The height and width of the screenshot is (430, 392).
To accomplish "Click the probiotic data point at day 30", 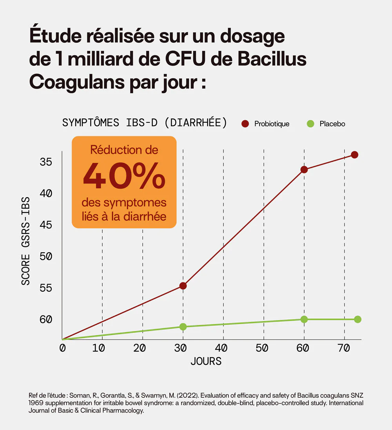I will (x=183, y=286).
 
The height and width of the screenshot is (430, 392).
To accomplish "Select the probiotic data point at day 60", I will (x=304, y=169).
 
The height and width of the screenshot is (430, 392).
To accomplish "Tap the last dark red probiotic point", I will (x=354, y=155).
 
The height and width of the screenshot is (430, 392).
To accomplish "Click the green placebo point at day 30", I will (x=183, y=327).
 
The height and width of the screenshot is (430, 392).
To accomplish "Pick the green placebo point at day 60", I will (x=304, y=319).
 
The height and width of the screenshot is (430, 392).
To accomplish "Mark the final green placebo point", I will (x=358, y=319).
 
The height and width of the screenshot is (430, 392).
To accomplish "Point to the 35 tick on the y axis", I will (x=46, y=162).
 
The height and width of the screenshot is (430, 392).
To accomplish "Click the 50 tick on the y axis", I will (x=46, y=256).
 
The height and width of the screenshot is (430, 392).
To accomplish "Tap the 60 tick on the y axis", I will (x=46, y=319).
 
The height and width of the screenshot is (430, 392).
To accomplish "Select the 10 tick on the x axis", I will (x=101, y=348).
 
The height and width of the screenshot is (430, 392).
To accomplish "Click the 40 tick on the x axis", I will (x=221, y=348).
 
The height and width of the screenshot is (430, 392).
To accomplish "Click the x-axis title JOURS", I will (x=206, y=361).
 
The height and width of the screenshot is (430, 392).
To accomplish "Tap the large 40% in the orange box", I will (x=124, y=175).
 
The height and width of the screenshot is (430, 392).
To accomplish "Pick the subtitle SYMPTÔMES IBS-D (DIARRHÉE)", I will (x=145, y=122).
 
